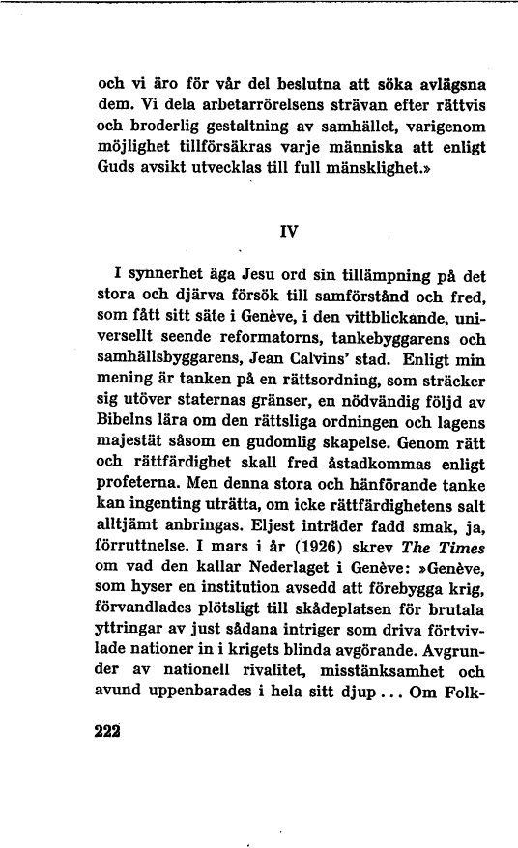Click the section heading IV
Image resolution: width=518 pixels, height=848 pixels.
click(286, 232)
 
